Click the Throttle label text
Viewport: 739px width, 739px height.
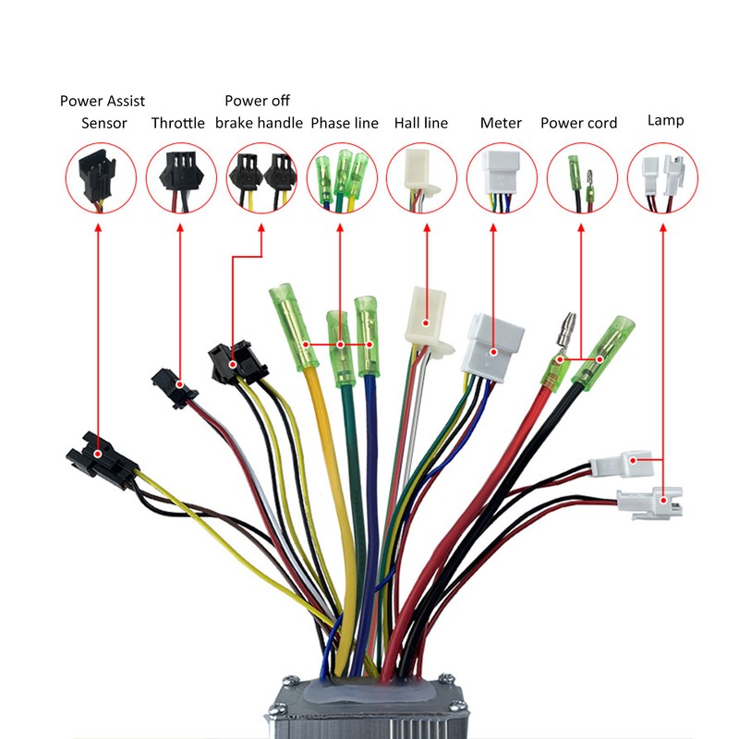click(178, 123)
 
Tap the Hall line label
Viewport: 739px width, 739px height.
click(421, 123)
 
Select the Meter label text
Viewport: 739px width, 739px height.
click(501, 123)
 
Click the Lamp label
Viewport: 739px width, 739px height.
click(665, 120)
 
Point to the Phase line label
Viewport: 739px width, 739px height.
click(345, 123)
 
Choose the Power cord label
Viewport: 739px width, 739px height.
click(579, 123)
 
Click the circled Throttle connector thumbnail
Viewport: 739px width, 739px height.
click(181, 178)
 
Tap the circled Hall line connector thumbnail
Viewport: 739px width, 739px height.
click(421, 178)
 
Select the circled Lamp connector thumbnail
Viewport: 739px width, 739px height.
click(662, 178)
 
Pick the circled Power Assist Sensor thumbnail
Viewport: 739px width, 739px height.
click(101, 178)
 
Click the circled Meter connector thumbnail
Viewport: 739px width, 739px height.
click(502, 178)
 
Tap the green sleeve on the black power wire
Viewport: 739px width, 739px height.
click(603, 348)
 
